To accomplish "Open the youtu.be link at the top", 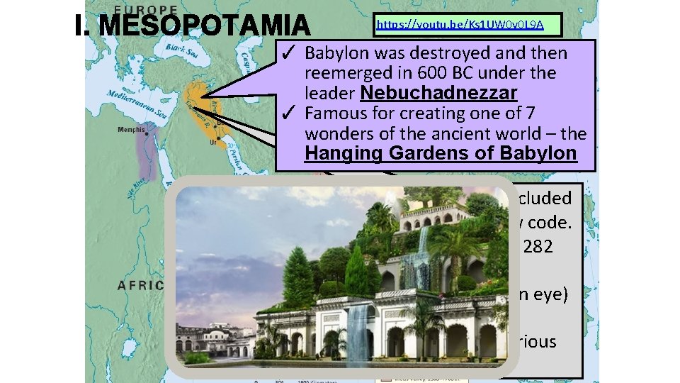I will click(460, 24).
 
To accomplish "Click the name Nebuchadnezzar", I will click(438, 93).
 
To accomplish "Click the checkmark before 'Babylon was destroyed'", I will click(289, 53).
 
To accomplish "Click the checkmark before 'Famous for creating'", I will click(289, 113).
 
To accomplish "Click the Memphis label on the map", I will click(131, 130).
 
